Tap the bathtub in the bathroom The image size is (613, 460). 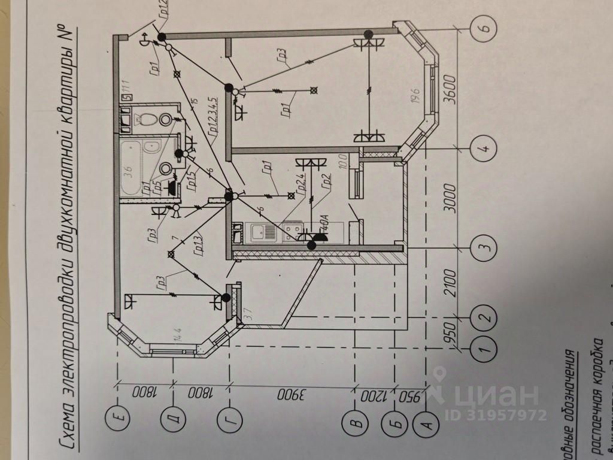132,167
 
